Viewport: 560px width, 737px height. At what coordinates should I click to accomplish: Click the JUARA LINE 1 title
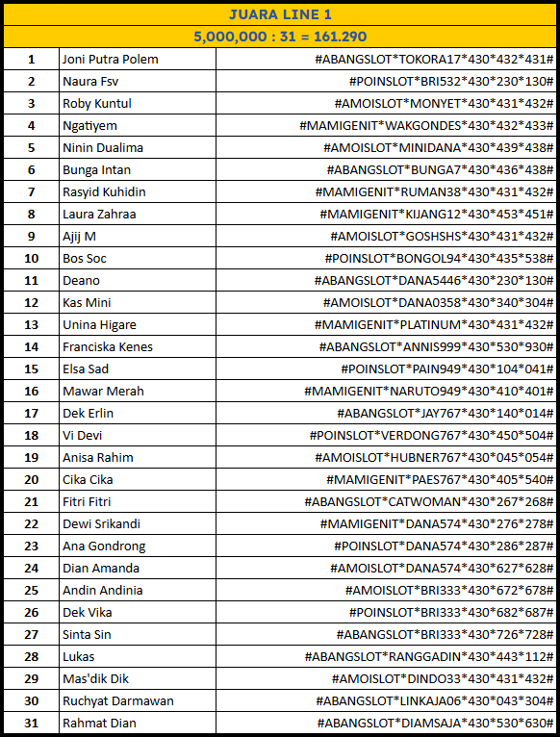[280, 14]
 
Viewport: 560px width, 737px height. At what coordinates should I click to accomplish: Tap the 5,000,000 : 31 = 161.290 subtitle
[280, 37]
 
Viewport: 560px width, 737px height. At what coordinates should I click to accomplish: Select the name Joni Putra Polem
[110, 60]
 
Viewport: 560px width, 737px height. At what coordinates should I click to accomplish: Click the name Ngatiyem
[89, 126]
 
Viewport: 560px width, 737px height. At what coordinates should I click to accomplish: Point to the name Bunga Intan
[96, 170]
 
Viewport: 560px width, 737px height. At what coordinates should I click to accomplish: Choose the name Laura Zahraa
[99, 215]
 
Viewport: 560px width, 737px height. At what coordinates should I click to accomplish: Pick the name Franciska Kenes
[108, 347]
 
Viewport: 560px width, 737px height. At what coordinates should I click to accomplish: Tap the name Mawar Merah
[103, 392]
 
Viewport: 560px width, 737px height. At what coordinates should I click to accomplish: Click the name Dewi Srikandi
[101, 524]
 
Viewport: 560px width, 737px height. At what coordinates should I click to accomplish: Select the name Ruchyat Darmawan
[118, 701]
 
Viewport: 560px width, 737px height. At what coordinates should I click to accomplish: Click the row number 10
[31, 259]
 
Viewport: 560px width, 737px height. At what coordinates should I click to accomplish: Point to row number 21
[31, 502]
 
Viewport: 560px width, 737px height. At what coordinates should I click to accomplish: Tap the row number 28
[31, 657]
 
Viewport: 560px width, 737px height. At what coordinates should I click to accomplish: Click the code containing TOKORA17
[434, 60]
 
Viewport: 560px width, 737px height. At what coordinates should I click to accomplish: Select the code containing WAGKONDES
[426, 126]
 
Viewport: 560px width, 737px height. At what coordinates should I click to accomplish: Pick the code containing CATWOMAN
[429, 502]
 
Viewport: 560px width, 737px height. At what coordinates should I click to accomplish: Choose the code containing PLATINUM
[434, 325]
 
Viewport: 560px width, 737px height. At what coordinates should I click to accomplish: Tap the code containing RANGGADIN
[429, 657]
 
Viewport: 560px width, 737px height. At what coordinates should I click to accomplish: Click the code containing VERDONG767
[431, 436]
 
